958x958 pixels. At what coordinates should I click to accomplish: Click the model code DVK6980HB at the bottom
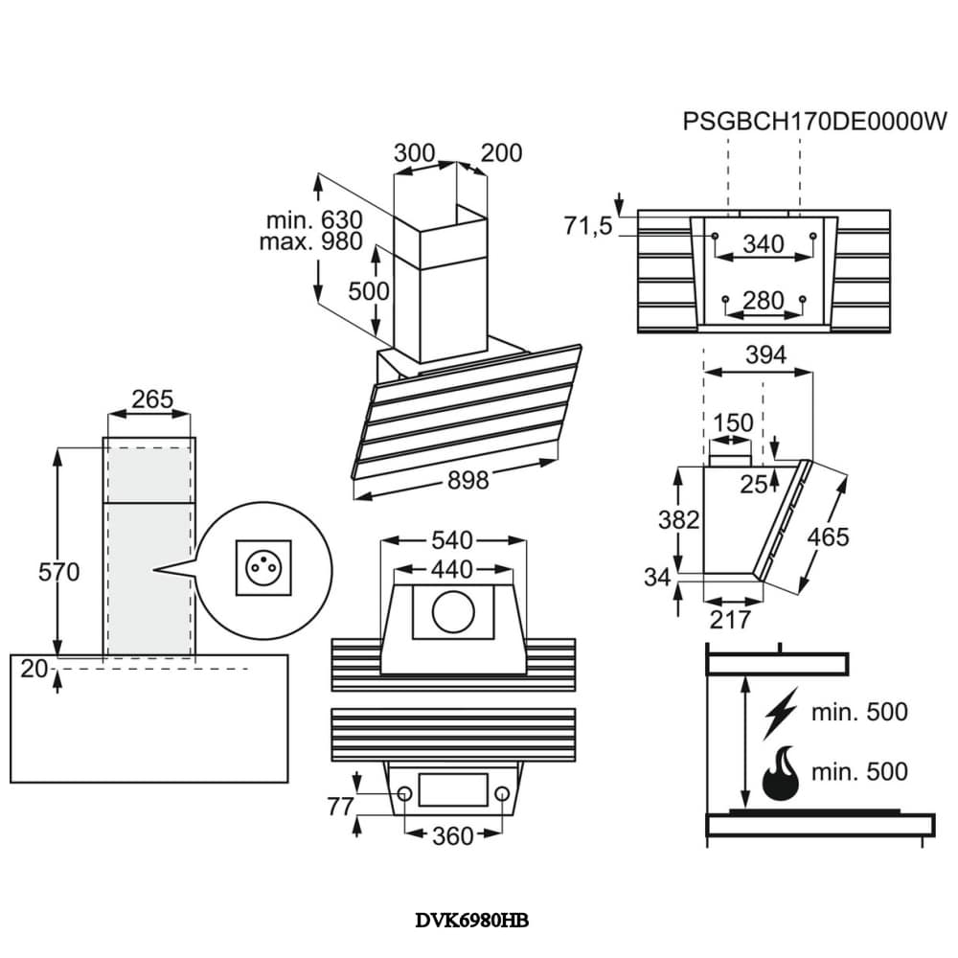pos(471,921)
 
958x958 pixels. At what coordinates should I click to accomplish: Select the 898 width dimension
pos(468,480)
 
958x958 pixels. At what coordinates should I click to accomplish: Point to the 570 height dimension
pos(59,572)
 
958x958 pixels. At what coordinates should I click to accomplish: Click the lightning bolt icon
pos(783,712)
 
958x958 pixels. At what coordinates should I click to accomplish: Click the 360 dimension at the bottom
pos(451,836)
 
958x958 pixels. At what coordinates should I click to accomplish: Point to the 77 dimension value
pos(341,807)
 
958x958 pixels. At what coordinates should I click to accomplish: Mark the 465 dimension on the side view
pos(827,537)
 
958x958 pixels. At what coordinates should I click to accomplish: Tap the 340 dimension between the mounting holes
pos(764,244)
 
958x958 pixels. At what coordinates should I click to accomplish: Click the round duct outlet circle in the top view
pos(451,614)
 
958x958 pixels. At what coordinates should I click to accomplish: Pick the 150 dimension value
pos(732,422)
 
